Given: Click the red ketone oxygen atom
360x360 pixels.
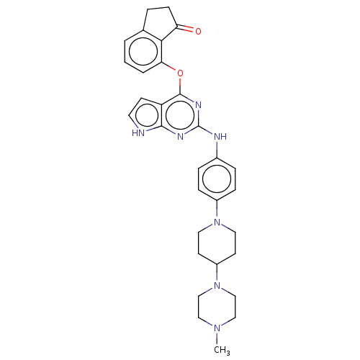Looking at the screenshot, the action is pyautogui.click(x=198, y=31).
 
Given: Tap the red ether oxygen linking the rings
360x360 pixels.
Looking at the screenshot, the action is pyautogui.click(x=180, y=73).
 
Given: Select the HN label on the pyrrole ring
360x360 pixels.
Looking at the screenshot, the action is pyautogui.click(x=138, y=133).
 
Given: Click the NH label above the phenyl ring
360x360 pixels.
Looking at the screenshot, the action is pyautogui.click(x=220, y=137).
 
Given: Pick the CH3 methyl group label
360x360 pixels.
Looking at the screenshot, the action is pyautogui.click(x=222, y=350).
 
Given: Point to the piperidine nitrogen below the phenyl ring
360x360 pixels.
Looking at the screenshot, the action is pyautogui.click(x=217, y=222).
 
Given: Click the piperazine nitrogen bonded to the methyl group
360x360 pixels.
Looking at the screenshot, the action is pyautogui.click(x=217, y=328).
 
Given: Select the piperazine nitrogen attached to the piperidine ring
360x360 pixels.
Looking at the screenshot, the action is pyautogui.click(x=217, y=285).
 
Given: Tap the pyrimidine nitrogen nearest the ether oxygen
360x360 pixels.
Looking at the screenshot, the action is pyautogui.click(x=198, y=105).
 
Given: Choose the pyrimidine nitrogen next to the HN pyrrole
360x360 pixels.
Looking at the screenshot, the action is pyautogui.click(x=180, y=137).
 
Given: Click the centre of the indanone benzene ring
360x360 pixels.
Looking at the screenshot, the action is pyautogui.click(x=143, y=51).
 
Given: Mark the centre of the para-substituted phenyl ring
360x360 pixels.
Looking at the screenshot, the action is pyautogui.click(x=217, y=179).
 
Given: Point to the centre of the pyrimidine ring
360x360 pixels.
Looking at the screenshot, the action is pyautogui.click(x=180, y=115).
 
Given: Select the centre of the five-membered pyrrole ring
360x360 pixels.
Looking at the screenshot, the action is pyautogui.click(x=147, y=115).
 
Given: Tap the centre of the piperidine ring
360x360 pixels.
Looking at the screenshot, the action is pyautogui.click(x=217, y=243).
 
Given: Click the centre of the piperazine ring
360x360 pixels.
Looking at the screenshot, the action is pyautogui.click(x=217, y=307).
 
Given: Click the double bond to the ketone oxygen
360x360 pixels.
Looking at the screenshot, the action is pyautogui.click(x=185, y=28).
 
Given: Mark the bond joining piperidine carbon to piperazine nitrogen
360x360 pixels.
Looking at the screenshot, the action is pyautogui.click(x=217, y=273).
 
